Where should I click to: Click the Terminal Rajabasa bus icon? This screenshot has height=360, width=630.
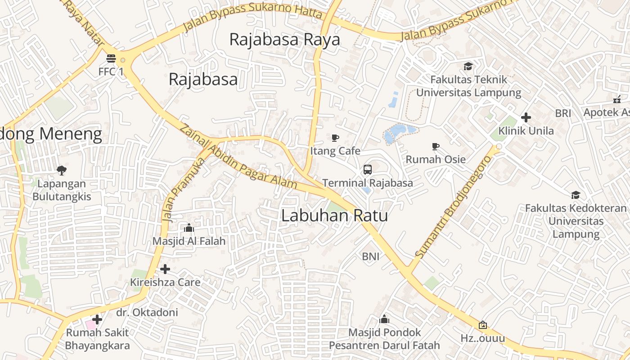(x=368, y=170)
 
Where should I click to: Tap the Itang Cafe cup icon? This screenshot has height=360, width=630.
(x=335, y=138)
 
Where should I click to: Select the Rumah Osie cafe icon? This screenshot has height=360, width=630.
(x=435, y=146)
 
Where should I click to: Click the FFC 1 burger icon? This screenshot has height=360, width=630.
(x=111, y=58)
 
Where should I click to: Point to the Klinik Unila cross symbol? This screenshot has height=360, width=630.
(x=526, y=118)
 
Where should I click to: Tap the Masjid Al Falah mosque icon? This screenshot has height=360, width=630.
(x=189, y=228)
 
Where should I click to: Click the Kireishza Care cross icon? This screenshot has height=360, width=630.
(x=165, y=269)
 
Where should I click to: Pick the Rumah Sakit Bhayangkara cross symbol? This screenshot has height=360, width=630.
(x=97, y=319)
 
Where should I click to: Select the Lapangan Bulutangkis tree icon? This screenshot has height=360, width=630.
(x=62, y=171)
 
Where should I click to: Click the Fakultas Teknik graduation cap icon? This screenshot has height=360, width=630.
(x=468, y=67)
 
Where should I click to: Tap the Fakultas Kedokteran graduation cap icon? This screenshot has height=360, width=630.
(x=576, y=195)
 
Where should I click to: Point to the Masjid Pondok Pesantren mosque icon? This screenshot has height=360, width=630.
(x=384, y=319)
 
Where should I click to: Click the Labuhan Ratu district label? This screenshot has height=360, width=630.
(x=334, y=216)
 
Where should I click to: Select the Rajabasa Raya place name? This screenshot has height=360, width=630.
(x=284, y=40)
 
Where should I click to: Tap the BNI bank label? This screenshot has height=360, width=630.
(x=370, y=256)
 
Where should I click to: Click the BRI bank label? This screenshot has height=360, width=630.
(x=563, y=113)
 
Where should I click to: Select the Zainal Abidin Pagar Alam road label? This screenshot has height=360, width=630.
(x=238, y=156)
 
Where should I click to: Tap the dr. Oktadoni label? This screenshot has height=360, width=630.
(x=147, y=312)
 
